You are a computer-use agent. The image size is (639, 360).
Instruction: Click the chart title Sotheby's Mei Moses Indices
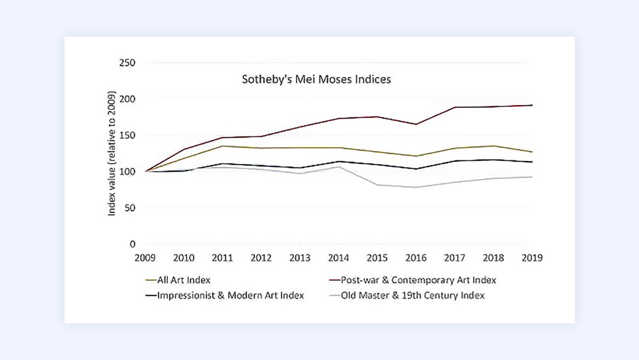tap(316, 79)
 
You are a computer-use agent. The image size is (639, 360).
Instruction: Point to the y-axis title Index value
tap(112, 152)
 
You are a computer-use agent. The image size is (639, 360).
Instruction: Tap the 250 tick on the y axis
tap(127, 63)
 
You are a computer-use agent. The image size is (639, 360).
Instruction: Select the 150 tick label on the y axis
tap(127, 136)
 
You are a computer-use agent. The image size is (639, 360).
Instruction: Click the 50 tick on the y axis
tap(130, 208)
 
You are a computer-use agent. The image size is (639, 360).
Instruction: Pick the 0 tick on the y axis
tap(133, 244)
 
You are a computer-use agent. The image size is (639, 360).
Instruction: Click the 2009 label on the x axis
tap(145, 258)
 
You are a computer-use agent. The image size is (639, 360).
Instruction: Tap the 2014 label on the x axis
tap(338, 258)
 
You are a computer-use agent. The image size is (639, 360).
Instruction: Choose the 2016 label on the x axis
tap(416, 258)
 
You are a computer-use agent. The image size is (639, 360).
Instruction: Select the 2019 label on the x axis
tap(532, 258)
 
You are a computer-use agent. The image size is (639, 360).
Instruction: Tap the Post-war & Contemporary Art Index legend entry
tap(418, 280)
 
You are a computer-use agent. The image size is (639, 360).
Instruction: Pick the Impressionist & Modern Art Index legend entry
tap(231, 295)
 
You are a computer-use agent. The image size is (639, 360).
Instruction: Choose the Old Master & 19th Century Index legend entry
tap(412, 295)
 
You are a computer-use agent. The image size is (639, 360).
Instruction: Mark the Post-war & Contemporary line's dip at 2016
tap(416, 124)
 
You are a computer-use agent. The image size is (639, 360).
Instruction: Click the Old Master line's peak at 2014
tap(338, 167)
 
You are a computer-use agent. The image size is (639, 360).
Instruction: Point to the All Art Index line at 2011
tap(223, 146)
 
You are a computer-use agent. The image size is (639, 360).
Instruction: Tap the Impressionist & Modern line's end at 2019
tap(532, 162)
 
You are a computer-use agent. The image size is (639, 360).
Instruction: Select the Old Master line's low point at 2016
tap(416, 187)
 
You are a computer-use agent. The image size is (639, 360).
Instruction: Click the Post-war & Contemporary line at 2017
tap(455, 107)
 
